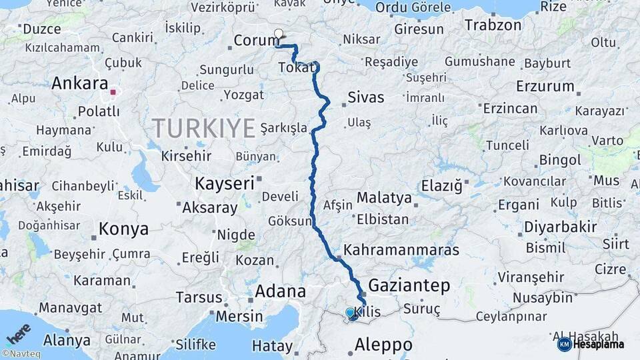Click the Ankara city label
(x=80, y=84)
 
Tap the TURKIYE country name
(x=204, y=127)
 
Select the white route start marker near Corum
(x=278, y=33)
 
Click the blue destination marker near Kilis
(x=350, y=313)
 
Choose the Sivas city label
(x=366, y=97)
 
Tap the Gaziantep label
(x=409, y=286)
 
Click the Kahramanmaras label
(x=401, y=250)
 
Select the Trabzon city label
(x=493, y=25)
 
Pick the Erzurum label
(x=545, y=86)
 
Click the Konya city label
(x=123, y=229)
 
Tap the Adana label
(x=280, y=291)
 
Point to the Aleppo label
(x=383, y=345)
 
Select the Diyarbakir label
(x=560, y=227)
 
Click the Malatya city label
(x=384, y=198)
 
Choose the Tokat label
(x=295, y=67)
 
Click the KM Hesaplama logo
(x=591, y=344)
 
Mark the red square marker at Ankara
(x=113, y=93)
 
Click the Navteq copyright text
(x=21, y=354)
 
